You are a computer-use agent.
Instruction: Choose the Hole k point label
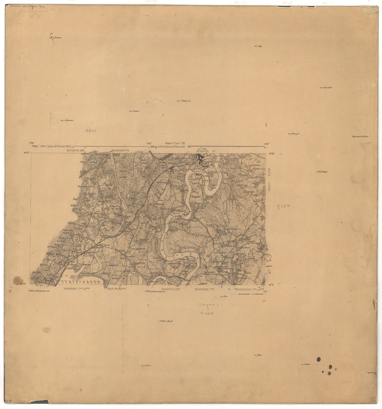[x=144, y=366]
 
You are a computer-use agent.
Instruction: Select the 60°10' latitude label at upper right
[x=271, y=153]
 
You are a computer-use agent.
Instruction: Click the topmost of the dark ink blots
[x=319, y=359]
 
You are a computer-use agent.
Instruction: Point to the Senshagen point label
[x=322, y=172]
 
